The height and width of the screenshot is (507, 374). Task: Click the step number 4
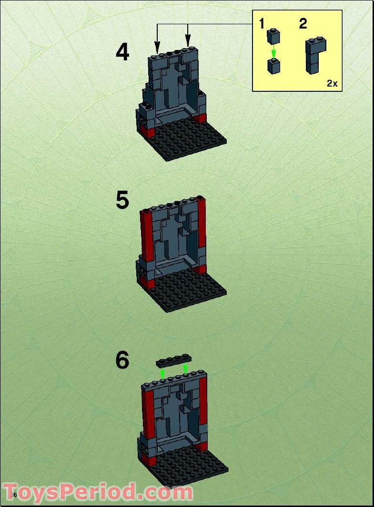click(x=122, y=52)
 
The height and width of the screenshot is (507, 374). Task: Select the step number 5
click(x=122, y=200)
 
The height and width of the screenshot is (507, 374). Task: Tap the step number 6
click(x=122, y=361)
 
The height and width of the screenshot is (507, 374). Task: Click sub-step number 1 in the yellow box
click(x=262, y=24)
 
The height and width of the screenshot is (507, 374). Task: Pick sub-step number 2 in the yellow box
click(x=303, y=24)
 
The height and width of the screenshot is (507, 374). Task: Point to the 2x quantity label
click(x=332, y=83)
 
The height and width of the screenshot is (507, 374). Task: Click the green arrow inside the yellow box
click(x=273, y=53)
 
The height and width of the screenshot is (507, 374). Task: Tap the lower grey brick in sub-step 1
click(x=273, y=67)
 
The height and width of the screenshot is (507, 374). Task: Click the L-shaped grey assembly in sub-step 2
click(x=315, y=55)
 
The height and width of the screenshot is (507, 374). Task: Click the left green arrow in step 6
click(x=163, y=375)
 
